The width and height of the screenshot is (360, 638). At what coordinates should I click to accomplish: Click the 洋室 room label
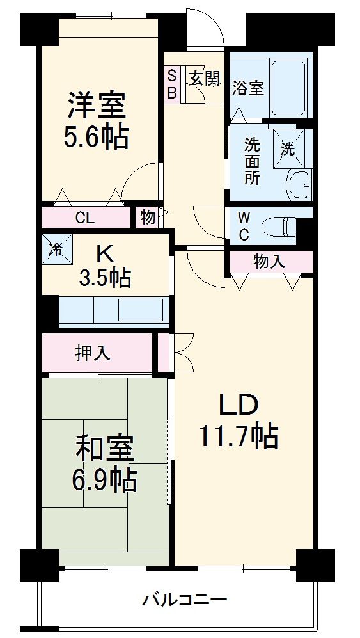(x=97, y=106)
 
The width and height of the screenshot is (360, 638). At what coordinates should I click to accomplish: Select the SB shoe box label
(x=171, y=84)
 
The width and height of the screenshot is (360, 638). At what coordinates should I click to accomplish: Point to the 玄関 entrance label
(x=204, y=78)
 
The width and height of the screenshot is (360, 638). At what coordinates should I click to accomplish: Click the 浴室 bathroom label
(x=248, y=88)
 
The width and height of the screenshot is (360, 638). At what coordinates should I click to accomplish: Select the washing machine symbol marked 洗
(x=288, y=149)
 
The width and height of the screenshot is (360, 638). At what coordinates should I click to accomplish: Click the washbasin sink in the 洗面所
(x=299, y=186)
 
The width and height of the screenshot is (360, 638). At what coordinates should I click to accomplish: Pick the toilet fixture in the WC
(x=280, y=227)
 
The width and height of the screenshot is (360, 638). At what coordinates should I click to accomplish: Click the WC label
(x=244, y=227)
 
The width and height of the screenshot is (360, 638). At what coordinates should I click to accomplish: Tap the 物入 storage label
(x=269, y=261)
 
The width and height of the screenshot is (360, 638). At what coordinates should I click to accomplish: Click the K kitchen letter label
(x=103, y=254)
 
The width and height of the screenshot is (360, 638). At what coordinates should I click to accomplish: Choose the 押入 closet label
(x=93, y=353)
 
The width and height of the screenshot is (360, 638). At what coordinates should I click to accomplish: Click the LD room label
(x=239, y=405)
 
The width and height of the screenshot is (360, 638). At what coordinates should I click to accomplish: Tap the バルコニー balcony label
(x=185, y=601)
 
